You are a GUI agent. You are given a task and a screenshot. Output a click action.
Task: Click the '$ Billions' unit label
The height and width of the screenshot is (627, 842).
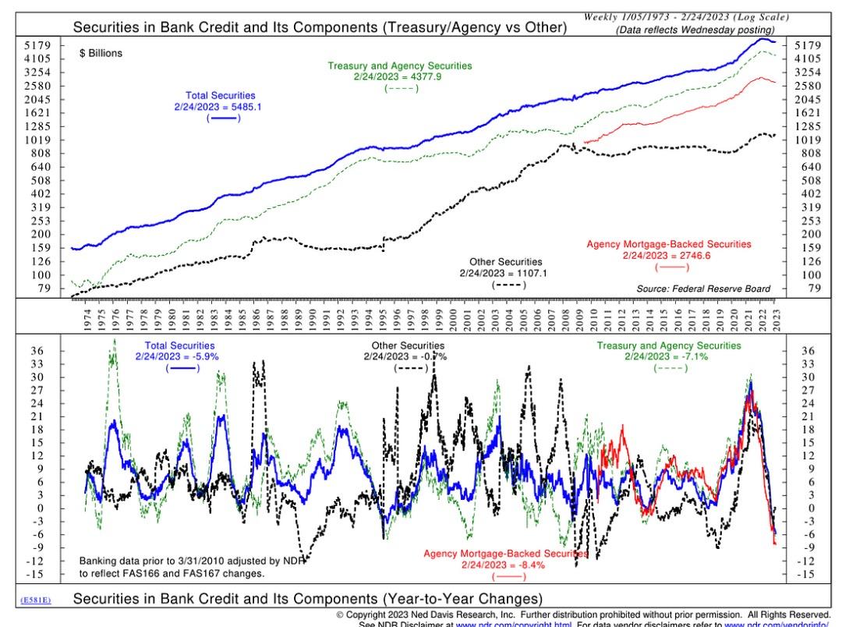(101, 54)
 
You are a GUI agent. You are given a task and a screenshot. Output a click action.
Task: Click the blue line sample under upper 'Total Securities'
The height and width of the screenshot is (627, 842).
(222, 118)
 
